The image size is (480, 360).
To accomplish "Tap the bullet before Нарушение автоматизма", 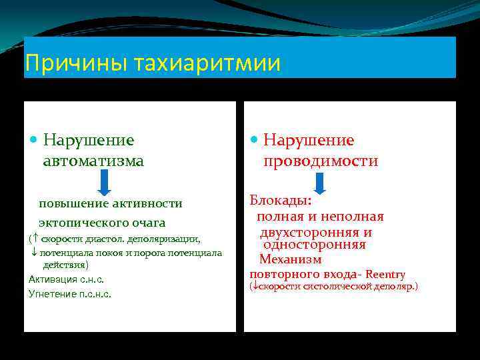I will [34, 141].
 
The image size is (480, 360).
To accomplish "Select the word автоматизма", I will [93, 161].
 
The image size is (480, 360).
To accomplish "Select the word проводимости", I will [321, 161].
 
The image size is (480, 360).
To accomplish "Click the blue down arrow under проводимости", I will [319, 182].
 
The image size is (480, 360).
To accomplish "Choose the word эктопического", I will [82, 223].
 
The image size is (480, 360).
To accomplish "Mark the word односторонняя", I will [314, 245].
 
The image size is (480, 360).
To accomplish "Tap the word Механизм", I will [290, 259].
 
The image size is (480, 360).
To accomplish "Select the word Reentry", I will [385, 274].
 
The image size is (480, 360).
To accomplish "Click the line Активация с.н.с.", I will [67, 279].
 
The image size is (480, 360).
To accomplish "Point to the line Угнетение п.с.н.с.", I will [70, 293].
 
